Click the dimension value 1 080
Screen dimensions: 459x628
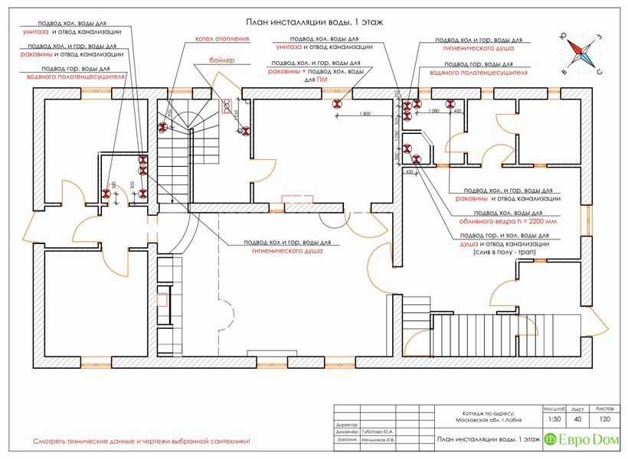433,112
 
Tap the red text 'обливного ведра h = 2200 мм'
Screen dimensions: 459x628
506,220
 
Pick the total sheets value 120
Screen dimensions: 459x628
604,418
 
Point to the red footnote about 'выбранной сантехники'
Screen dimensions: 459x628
142,442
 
